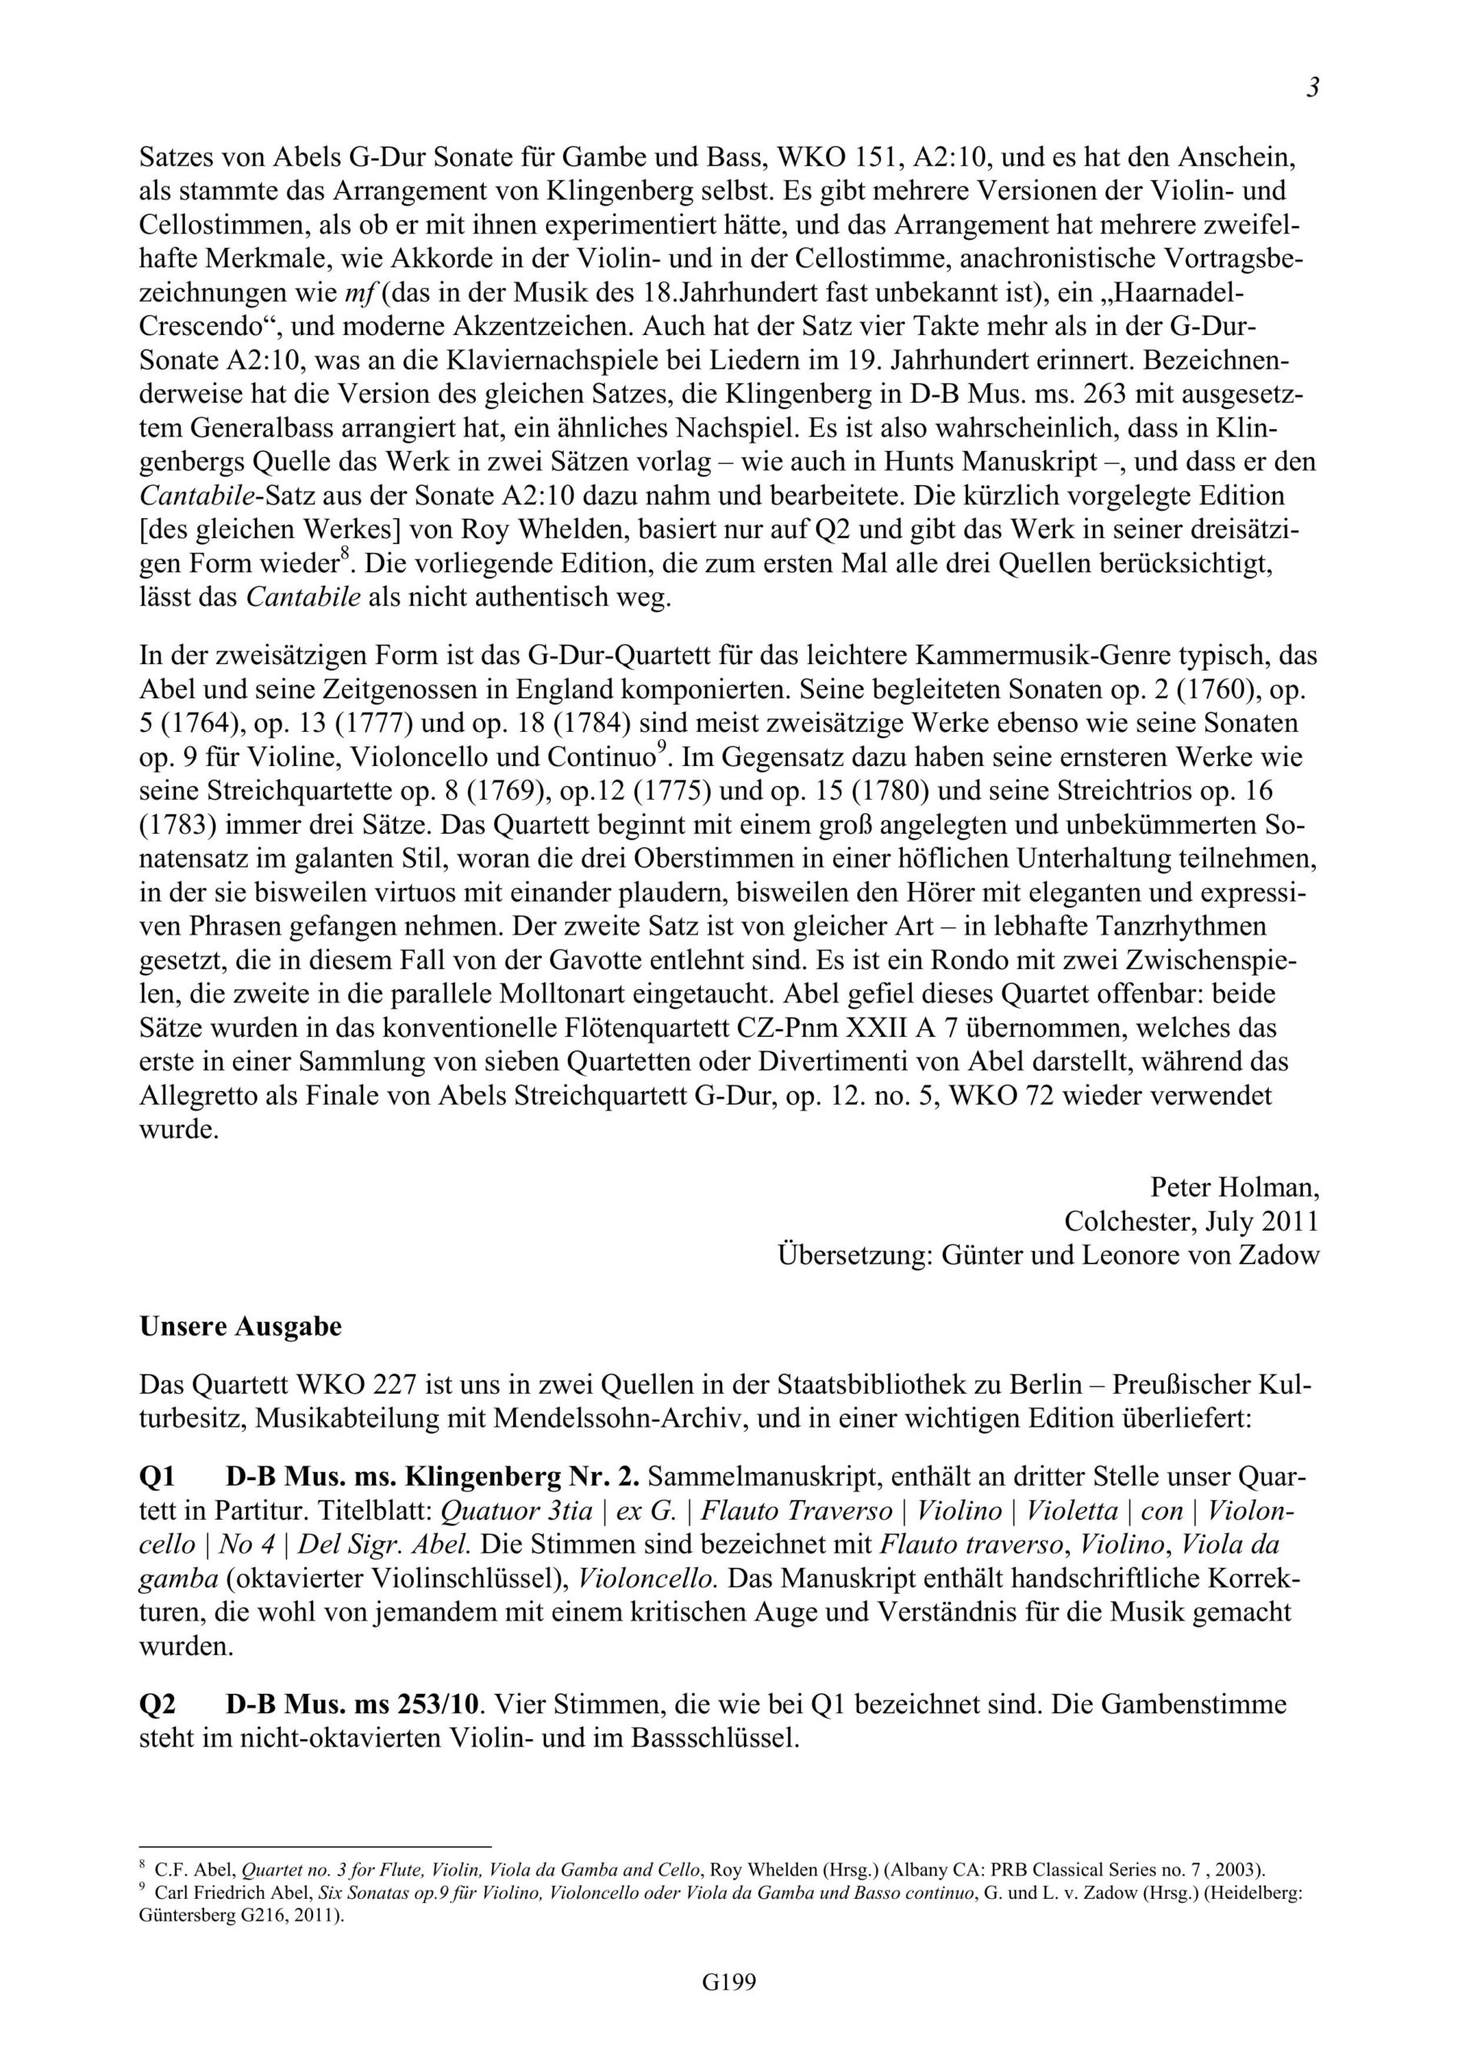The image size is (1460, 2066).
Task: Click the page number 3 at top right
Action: point(1312,88)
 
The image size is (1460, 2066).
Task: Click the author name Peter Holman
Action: point(1235,1188)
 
